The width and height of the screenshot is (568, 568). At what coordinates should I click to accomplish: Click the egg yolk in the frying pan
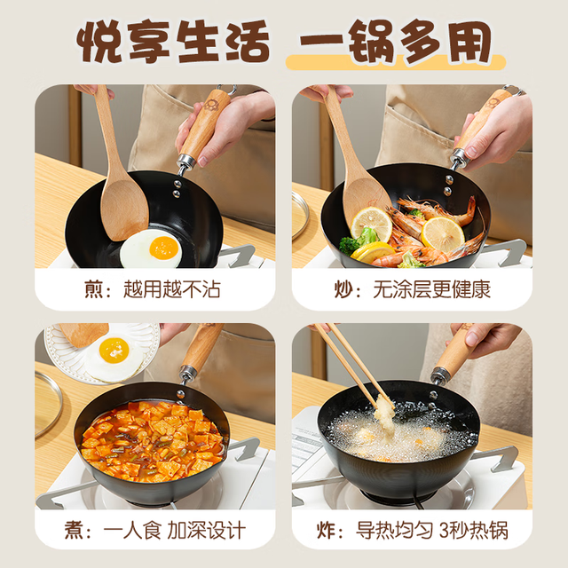[x=163, y=248]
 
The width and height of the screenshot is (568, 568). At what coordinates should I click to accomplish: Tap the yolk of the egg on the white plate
[x=114, y=351]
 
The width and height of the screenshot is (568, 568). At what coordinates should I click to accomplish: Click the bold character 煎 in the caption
[x=94, y=289]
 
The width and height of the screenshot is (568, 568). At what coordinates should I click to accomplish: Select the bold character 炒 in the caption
[x=344, y=289]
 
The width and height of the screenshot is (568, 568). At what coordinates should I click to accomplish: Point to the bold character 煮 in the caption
[x=75, y=531]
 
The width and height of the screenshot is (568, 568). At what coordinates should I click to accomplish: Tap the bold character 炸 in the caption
[x=326, y=531]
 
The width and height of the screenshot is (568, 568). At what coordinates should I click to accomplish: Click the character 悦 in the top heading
[x=99, y=42]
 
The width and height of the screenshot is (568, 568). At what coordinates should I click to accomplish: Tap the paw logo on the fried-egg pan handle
[x=209, y=105]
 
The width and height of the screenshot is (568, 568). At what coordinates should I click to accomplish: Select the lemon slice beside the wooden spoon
[x=371, y=224]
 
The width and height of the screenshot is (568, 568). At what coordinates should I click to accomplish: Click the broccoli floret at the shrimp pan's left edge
[x=349, y=246]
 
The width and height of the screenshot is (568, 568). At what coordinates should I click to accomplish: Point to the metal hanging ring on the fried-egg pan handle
[x=227, y=89]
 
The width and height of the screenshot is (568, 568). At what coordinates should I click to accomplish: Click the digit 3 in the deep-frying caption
[x=446, y=531]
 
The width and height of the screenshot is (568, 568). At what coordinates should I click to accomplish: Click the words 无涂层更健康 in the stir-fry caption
[x=432, y=289]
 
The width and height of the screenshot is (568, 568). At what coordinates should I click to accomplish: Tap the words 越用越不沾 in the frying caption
[x=172, y=289]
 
